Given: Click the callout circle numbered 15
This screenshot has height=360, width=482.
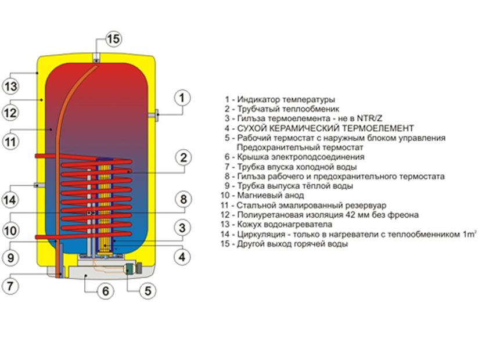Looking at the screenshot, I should pos(113,39).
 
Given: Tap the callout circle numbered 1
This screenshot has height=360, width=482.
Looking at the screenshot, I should pos(182,98).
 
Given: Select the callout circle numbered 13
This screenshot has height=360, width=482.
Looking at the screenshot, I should pos(11,86).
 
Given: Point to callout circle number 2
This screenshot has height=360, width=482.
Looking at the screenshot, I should pos(182,157).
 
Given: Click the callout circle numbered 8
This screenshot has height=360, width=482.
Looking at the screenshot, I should pos(182,200).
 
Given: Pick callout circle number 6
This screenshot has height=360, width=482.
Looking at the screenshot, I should pos(105,291).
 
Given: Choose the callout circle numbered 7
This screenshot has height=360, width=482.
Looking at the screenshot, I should pos(11,285).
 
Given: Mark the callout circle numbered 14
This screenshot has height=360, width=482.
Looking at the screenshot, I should pos(11,200).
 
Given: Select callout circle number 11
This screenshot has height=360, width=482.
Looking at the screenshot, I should pos(11,140).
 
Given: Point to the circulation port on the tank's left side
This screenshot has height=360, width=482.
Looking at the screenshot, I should pos(38,185).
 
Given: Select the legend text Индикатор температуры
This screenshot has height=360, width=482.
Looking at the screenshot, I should pos(281,99).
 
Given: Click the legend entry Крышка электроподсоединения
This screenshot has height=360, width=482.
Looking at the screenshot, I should pos(295,157).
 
